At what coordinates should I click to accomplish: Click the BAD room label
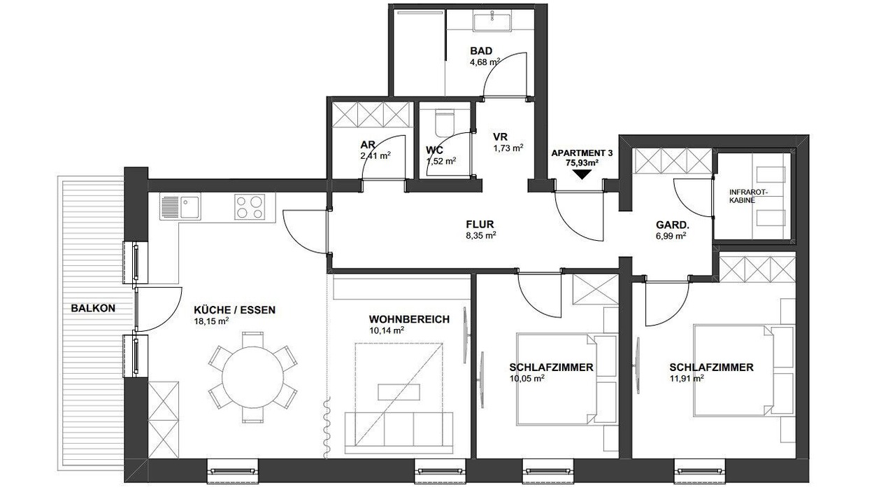[x=481, y=51]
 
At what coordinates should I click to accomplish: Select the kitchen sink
[x=181, y=206]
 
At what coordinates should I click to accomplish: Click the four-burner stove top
[x=250, y=206]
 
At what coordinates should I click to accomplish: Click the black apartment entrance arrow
[x=582, y=175]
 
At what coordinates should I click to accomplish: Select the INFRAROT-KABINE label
[x=749, y=196]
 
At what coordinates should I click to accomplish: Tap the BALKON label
[x=93, y=309]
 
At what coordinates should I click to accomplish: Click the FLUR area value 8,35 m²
[x=480, y=236]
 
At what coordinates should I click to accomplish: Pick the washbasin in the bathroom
[x=492, y=22]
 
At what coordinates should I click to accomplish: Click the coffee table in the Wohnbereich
[x=399, y=392]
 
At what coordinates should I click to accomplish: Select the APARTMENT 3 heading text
[x=582, y=153]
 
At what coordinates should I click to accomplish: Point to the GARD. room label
[x=673, y=225]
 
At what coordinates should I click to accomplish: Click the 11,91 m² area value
[x=687, y=379]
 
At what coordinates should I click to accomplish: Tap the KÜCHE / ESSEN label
[x=234, y=310]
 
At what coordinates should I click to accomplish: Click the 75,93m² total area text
[x=582, y=163]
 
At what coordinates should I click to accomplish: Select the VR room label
[x=500, y=136]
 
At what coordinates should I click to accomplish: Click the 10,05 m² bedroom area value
[x=527, y=379]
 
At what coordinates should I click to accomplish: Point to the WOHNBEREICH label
[x=409, y=319]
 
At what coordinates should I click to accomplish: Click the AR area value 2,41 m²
[x=375, y=155]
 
